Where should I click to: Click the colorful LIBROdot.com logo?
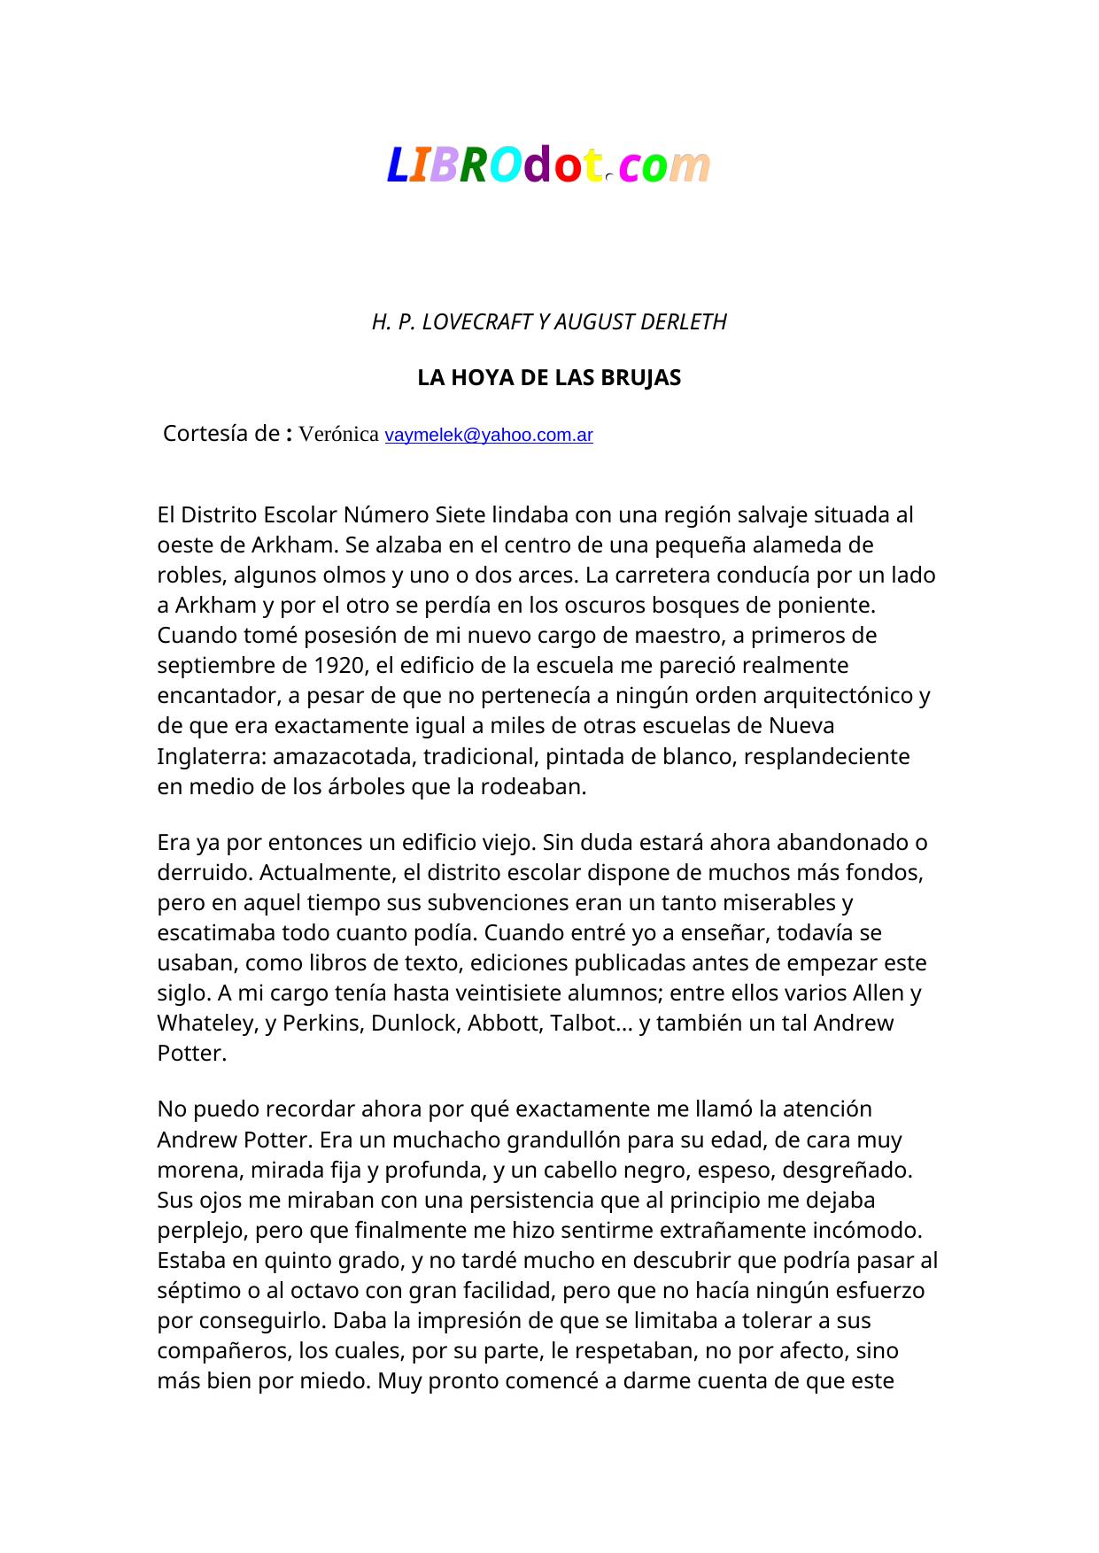(548, 166)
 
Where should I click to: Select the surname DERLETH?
(683, 322)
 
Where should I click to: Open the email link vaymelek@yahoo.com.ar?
(489, 436)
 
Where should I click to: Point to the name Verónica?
(339, 435)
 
